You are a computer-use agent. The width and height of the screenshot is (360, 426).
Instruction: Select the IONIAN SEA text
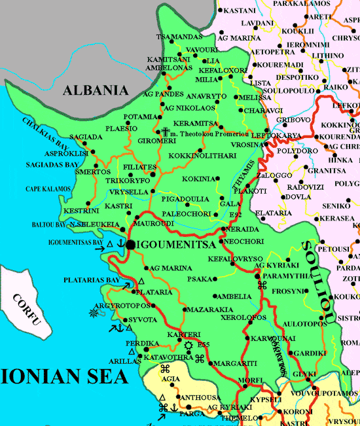[62, 377]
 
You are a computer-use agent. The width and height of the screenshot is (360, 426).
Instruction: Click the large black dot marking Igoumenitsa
[130, 244]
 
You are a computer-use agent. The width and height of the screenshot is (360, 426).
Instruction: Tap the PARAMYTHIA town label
[286, 275]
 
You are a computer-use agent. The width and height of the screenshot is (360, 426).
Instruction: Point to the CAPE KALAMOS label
[48, 189]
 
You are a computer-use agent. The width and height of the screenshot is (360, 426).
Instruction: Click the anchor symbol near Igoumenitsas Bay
[120, 244]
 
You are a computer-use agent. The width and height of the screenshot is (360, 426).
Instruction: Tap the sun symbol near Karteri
[189, 345]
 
